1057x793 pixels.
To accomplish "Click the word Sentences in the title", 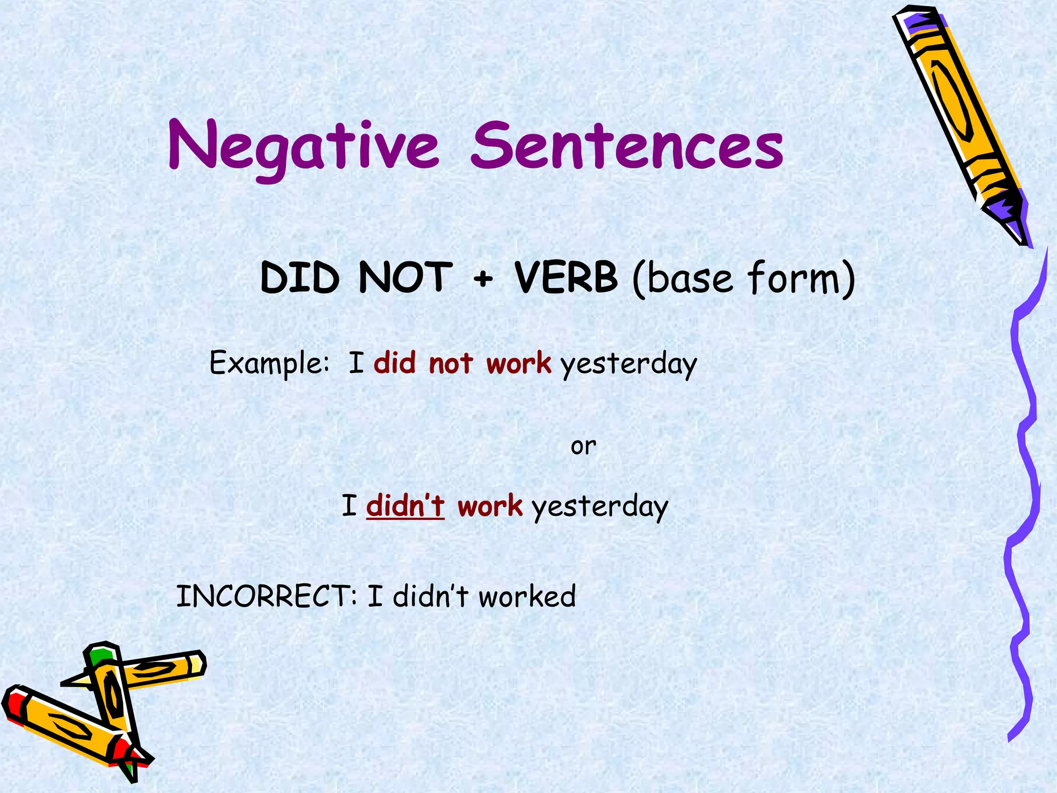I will pos(627,146).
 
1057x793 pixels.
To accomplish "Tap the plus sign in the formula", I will pos(483,279).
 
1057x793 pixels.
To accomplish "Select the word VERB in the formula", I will pos(566,278).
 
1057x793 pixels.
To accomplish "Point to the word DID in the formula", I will pos(300,278).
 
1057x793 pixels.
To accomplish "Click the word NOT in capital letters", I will pos(406,278).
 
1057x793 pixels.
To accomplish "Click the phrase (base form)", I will pos(744,279).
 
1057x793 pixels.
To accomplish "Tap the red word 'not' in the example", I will pos(451,363).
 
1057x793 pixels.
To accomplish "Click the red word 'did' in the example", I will pos(395,362).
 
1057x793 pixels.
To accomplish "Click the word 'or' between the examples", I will pos(583,446).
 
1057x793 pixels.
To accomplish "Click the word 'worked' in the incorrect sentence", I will pos(527,596).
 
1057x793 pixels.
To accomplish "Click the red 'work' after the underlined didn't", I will pos(490,505).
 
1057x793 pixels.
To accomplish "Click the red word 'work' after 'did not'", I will pos(519,363).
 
